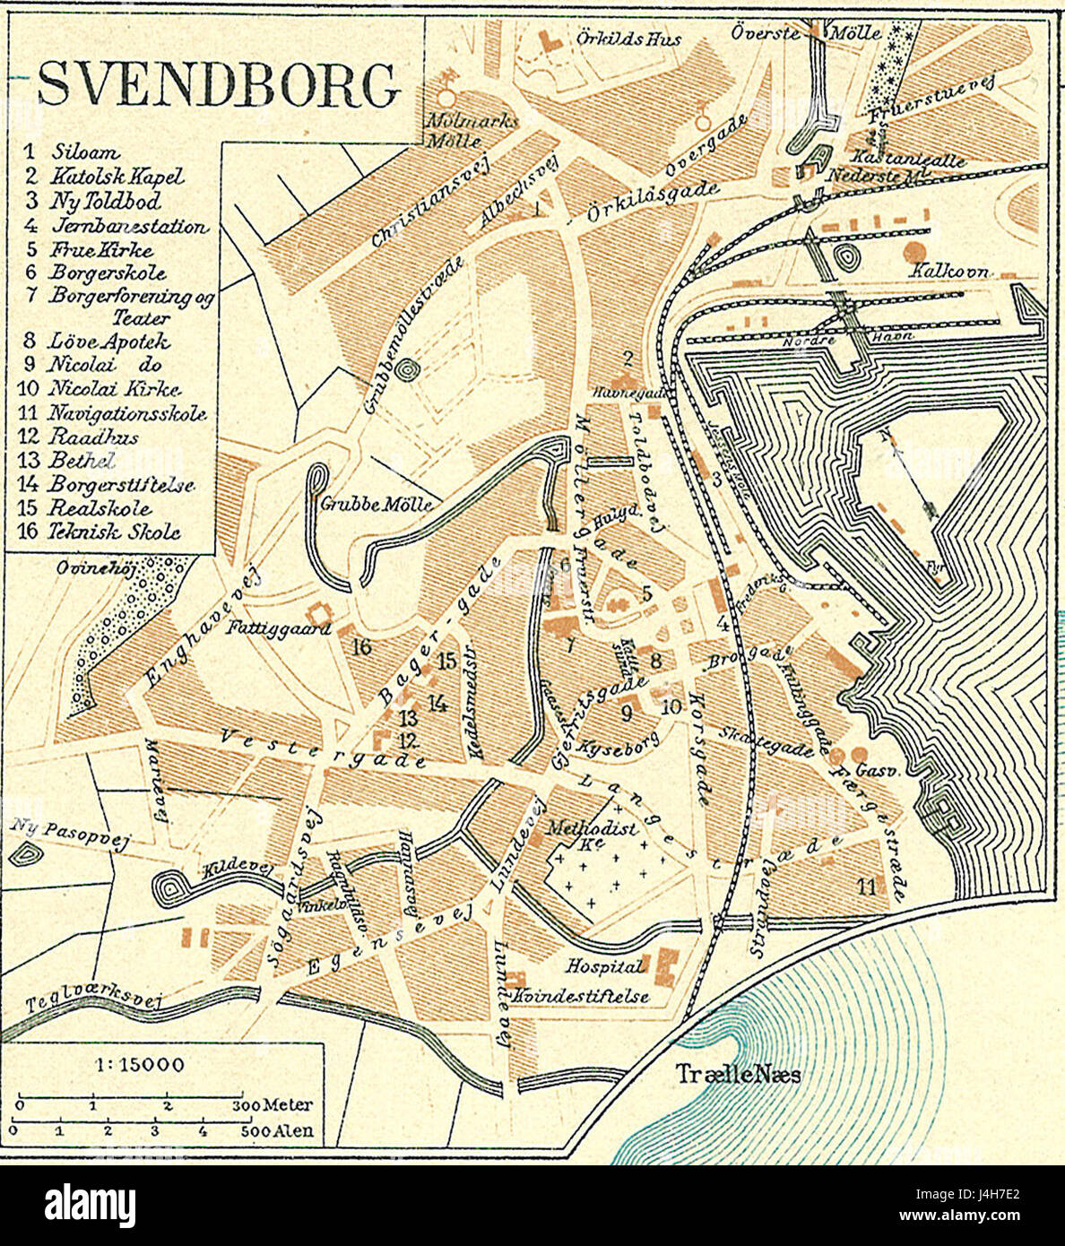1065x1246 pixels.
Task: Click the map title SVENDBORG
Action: point(218,87)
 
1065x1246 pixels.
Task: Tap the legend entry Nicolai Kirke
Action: point(116,390)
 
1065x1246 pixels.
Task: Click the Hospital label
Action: point(604,966)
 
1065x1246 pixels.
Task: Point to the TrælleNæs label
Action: point(738,1074)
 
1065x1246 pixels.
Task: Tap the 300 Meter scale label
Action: point(276,1105)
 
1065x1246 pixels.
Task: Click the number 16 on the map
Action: point(362,646)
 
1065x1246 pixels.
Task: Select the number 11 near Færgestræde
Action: point(866,887)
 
